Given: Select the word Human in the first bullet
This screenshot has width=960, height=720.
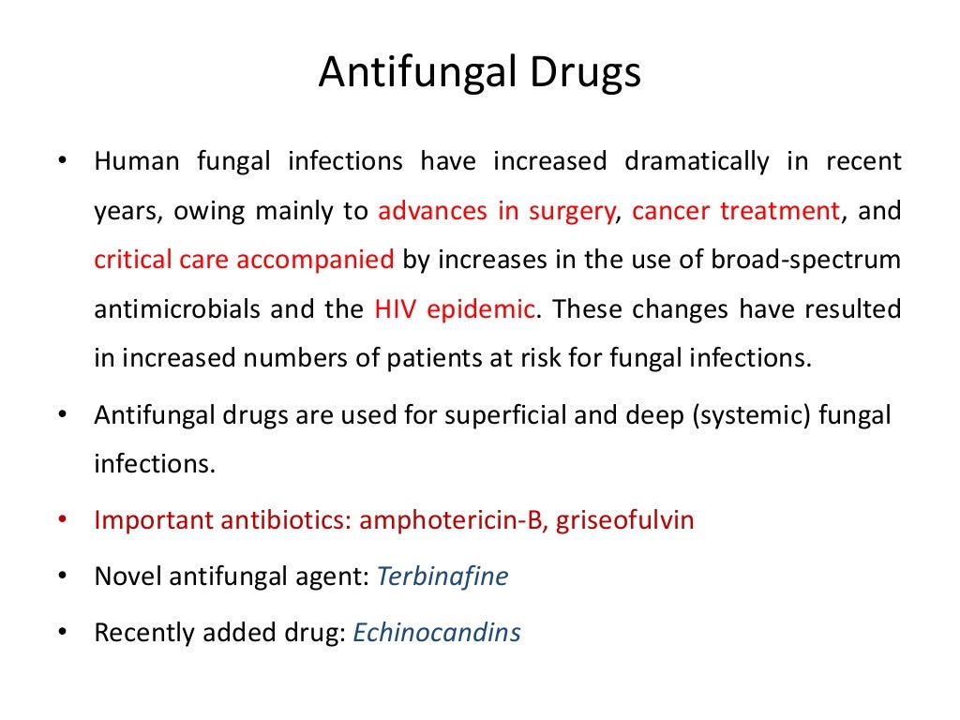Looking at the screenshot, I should [x=137, y=162].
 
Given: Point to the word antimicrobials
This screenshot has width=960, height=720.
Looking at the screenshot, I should [x=175, y=309].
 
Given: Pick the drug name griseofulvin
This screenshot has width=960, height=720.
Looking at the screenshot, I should [x=625, y=520].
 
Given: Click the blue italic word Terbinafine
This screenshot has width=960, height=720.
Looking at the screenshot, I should [x=442, y=577].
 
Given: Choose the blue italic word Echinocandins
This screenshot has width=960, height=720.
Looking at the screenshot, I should [x=437, y=633].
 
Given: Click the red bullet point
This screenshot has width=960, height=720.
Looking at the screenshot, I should [x=63, y=519].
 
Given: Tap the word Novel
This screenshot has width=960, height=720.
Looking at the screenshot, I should [x=128, y=577].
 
